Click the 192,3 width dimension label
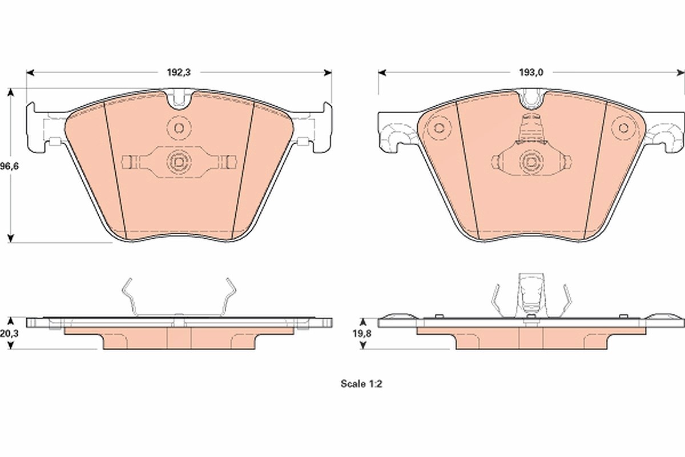[179, 73]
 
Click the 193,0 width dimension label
[531, 73]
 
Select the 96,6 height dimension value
[9, 166]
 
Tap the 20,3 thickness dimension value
[9, 334]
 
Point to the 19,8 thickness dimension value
[362, 334]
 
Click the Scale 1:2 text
[361, 384]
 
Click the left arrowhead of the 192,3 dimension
[30, 73]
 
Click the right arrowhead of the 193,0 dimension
[680, 73]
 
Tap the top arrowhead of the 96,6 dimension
[11, 93]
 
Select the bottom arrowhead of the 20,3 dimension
[11, 345]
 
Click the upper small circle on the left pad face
[179, 128]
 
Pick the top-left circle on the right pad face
[439, 128]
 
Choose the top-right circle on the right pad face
[623, 128]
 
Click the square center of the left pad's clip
[179, 161]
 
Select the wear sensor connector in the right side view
[531, 294]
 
